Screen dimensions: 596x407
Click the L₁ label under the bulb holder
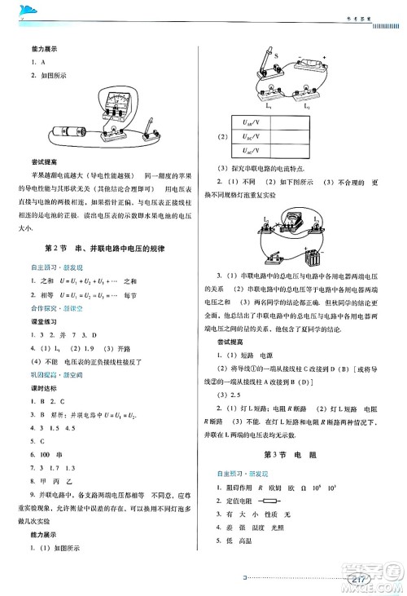(x=269, y=104)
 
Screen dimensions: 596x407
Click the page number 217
(x=360, y=580)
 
